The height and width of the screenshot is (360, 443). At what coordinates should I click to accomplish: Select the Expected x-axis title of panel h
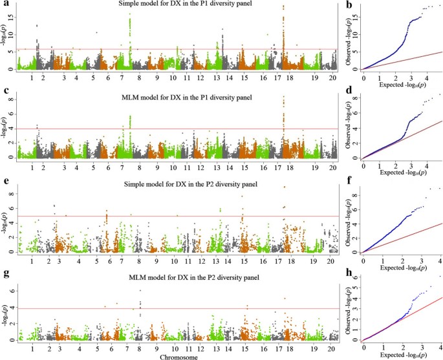pyautogui.click(x=401, y=355)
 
